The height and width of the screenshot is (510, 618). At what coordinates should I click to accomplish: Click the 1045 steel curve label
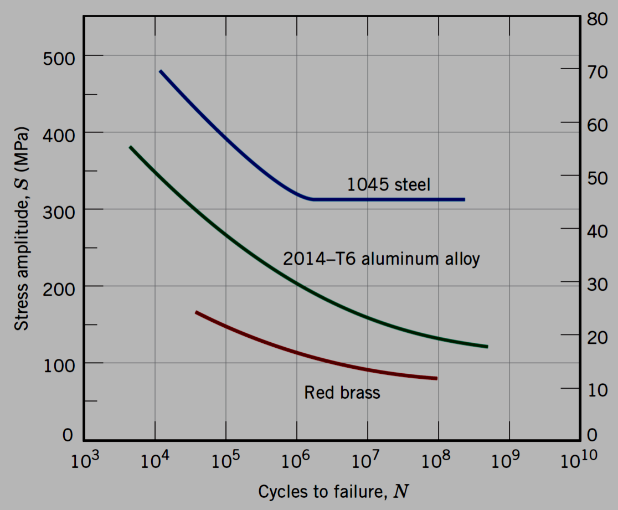[388, 184]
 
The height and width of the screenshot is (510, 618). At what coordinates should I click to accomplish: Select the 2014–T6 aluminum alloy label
[381, 259]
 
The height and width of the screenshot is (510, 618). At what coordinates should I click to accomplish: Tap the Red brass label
[342, 393]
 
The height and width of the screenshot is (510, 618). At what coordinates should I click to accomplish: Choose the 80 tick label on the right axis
[598, 18]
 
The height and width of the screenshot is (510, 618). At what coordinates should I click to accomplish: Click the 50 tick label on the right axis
[598, 178]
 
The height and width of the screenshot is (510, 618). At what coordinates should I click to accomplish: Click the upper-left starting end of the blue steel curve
[161, 71]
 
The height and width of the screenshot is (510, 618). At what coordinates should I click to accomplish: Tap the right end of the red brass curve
[436, 378]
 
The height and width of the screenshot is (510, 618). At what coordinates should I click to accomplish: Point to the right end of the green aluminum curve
[487, 347]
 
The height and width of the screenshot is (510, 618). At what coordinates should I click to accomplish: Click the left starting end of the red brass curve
[196, 313]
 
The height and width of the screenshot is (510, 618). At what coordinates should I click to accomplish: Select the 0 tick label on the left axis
[67, 436]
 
